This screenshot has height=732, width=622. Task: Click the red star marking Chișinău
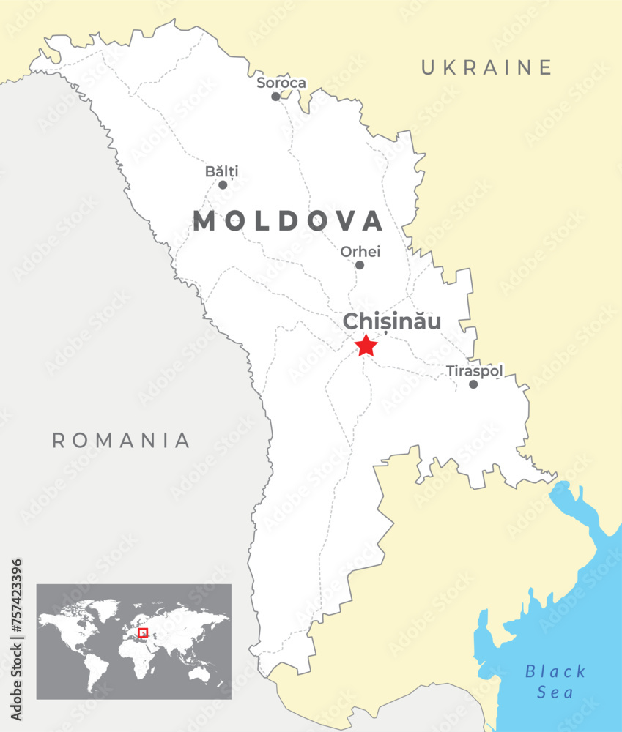click(366, 345)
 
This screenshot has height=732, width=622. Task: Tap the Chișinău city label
click(392, 321)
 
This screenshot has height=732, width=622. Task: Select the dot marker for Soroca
click(275, 97)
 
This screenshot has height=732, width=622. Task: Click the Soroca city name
click(281, 83)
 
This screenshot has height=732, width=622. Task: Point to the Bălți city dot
click(223, 184)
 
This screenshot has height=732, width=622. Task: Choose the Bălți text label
click(221, 171)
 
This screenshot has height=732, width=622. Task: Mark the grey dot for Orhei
click(359, 265)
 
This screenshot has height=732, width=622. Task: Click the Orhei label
click(360, 252)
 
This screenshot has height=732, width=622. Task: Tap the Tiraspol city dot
click(473, 384)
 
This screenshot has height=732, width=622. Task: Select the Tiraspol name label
click(475, 371)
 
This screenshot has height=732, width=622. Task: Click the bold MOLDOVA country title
click(288, 221)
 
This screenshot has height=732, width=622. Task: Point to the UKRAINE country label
click(486, 68)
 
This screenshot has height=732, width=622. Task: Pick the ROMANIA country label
click(121, 440)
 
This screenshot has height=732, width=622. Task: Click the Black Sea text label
click(556, 681)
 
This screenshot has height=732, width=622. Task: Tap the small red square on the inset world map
click(143, 632)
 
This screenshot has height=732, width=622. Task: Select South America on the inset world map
click(95, 667)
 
